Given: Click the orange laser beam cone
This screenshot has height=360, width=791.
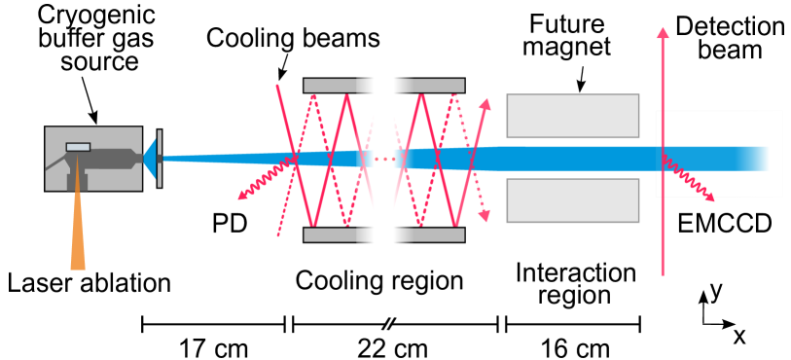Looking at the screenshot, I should (x=78, y=234).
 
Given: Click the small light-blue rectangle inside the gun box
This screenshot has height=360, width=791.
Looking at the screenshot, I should (x=78, y=147).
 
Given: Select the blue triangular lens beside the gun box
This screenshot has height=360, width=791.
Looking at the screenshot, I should (x=150, y=159).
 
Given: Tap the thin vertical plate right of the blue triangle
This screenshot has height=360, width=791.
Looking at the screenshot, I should (x=160, y=158).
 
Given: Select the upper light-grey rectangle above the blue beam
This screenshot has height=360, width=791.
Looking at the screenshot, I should (x=572, y=116).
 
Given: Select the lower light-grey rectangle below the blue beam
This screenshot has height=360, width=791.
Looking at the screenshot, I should (x=572, y=200).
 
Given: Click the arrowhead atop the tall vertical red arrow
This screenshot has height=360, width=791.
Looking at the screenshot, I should (x=663, y=33).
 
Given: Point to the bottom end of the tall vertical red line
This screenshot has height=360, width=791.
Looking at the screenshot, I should (x=663, y=273).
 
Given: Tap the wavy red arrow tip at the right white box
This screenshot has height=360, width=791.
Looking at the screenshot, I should (x=711, y=198).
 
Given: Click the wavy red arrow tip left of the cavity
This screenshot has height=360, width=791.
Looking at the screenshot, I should (x=242, y=197).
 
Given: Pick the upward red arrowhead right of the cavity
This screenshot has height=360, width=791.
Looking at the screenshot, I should (x=485, y=103).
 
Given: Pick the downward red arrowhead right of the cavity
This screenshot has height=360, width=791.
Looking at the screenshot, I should (x=485, y=215).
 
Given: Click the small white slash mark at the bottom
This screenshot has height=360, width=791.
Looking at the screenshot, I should (x=388, y=323).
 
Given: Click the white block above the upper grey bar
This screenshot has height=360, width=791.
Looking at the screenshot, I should (x=385, y=61).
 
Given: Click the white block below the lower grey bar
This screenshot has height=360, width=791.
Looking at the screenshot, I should (x=385, y=254).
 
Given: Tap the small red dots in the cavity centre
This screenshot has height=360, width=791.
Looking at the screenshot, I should (x=384, y=159).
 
